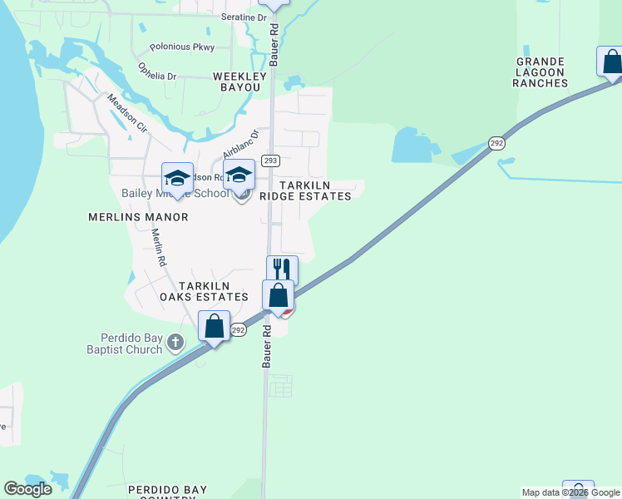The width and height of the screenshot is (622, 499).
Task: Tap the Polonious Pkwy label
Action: click(x=181, y=47)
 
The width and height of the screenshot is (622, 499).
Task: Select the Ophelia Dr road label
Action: click(x=157, y=71)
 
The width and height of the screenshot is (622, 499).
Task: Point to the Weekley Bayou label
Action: click(x=237, y=82)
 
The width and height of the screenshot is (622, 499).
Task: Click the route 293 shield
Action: click(x=269, y=161)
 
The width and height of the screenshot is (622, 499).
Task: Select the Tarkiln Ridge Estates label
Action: click(x=310, y=190)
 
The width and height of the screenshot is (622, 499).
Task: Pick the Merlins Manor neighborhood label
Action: click(x=138, y=217)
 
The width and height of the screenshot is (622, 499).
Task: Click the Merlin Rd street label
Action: click(x=158, y=248)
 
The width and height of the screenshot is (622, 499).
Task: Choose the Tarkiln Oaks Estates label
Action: click(x=204, y=290)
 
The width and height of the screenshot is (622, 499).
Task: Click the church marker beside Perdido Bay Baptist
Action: click(x=175, y=342)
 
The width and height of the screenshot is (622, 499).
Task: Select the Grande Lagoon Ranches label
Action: click(x=541, y=72)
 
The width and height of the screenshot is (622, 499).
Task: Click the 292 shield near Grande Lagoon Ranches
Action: click(x=496, y=142)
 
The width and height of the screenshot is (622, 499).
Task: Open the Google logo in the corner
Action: click(x=28, y=489)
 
